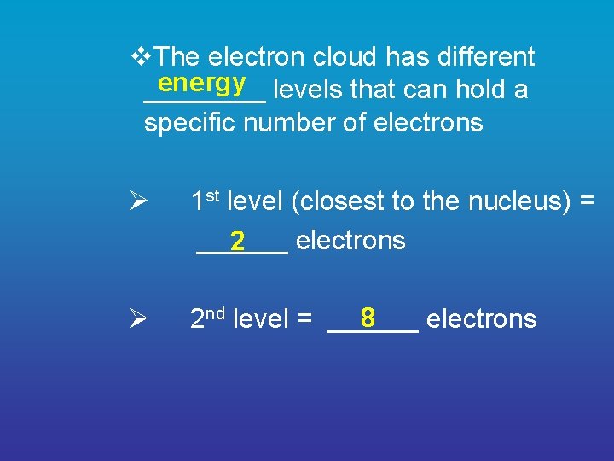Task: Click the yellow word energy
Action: click(202, 83)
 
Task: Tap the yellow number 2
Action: click(238, 242)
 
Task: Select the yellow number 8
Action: click(368, 318)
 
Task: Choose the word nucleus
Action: click(518, 201)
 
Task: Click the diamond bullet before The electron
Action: click(142, 57)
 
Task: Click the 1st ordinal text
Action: click(205, 201)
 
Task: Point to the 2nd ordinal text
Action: click(207, 318)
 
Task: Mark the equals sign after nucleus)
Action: click(586, 202)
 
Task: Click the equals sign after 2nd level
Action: click(304, 320)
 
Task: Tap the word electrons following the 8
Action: click(481, 319)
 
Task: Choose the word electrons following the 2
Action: click(350, 241)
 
